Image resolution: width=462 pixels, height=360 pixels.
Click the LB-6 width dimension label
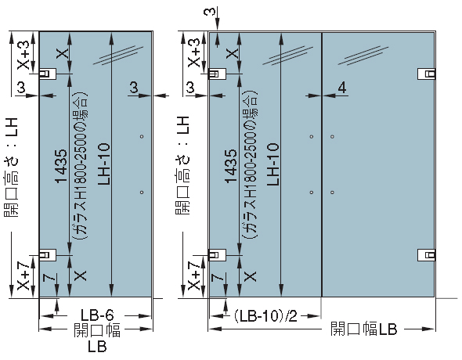tap(97, 315)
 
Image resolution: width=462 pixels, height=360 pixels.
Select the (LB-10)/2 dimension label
tap(265, 316)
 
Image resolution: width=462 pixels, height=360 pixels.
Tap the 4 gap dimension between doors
tap(342, 88)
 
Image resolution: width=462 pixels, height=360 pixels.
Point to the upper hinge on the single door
tap(48, 74)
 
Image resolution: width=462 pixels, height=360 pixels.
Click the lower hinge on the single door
tap(48, 255)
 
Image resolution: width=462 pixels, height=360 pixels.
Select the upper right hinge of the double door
tap(426, 74)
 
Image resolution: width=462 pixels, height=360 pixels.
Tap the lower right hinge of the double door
tap(426, 255)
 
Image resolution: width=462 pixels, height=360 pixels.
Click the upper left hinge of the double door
tap(218, 74)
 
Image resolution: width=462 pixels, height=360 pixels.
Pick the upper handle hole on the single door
tap(142, 137)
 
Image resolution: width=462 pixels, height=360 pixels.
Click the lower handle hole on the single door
tap(142, 193)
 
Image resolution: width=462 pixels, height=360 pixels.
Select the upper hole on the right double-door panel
tap(332, 137)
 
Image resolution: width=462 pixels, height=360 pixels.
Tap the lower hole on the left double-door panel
tap(312, 193)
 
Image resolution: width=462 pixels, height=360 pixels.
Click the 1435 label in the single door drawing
tap(62, 166)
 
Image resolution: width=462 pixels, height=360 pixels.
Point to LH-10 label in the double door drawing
tap(273, 164)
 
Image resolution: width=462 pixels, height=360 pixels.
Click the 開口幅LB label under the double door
tap(364, 329)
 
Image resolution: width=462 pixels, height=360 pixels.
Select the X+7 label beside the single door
tap(23, 275)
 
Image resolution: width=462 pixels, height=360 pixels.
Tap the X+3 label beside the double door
tap(193, 53)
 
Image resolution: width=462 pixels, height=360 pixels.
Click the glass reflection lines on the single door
tap(118, 55)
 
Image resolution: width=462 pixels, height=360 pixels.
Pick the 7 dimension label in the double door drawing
tap(218, 278)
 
